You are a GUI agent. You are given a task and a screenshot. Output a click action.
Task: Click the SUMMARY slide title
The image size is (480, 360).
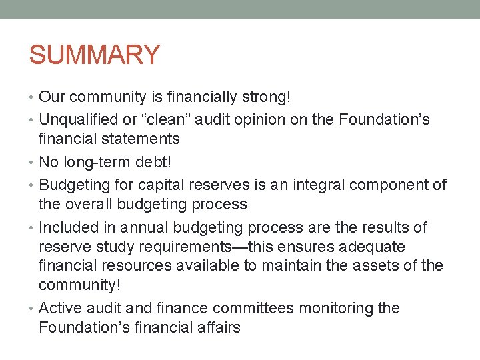95,55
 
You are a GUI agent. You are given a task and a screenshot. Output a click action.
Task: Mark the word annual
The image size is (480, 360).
143,227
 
